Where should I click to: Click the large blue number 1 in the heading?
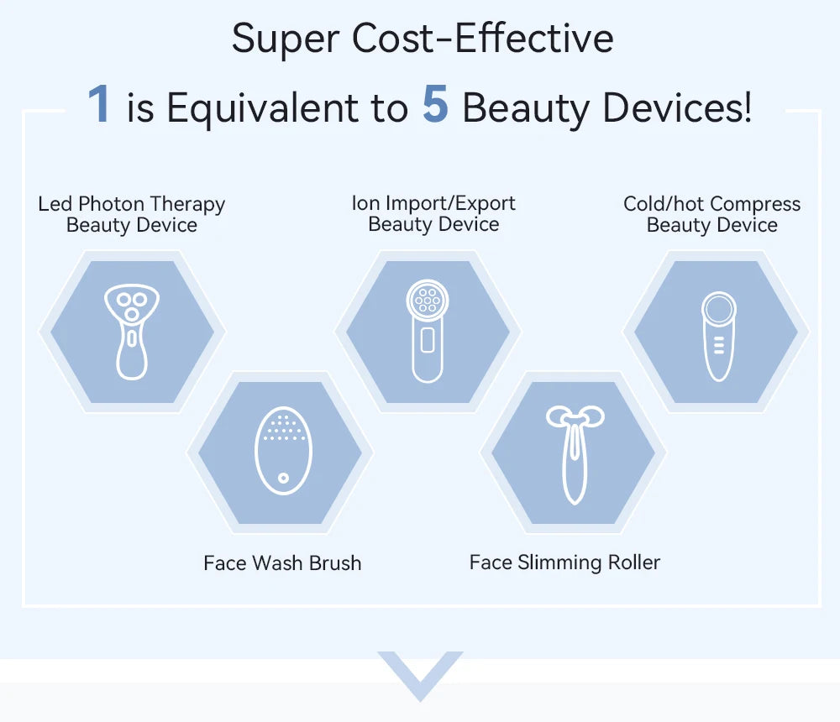pos(99,105)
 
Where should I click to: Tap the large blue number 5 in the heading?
pos(435,105)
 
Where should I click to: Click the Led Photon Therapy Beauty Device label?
pos(132,214)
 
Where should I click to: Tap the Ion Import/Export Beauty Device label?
pos(433,213)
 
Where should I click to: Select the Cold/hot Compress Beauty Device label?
pos(711,214)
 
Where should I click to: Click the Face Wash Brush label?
pos(282,562)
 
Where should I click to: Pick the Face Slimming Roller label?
pos(564,562)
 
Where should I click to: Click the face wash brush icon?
pos(283,451)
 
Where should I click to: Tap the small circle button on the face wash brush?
pos(283,478)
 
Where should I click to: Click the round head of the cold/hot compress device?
pos(719,308)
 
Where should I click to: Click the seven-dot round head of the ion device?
pos(428,301)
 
